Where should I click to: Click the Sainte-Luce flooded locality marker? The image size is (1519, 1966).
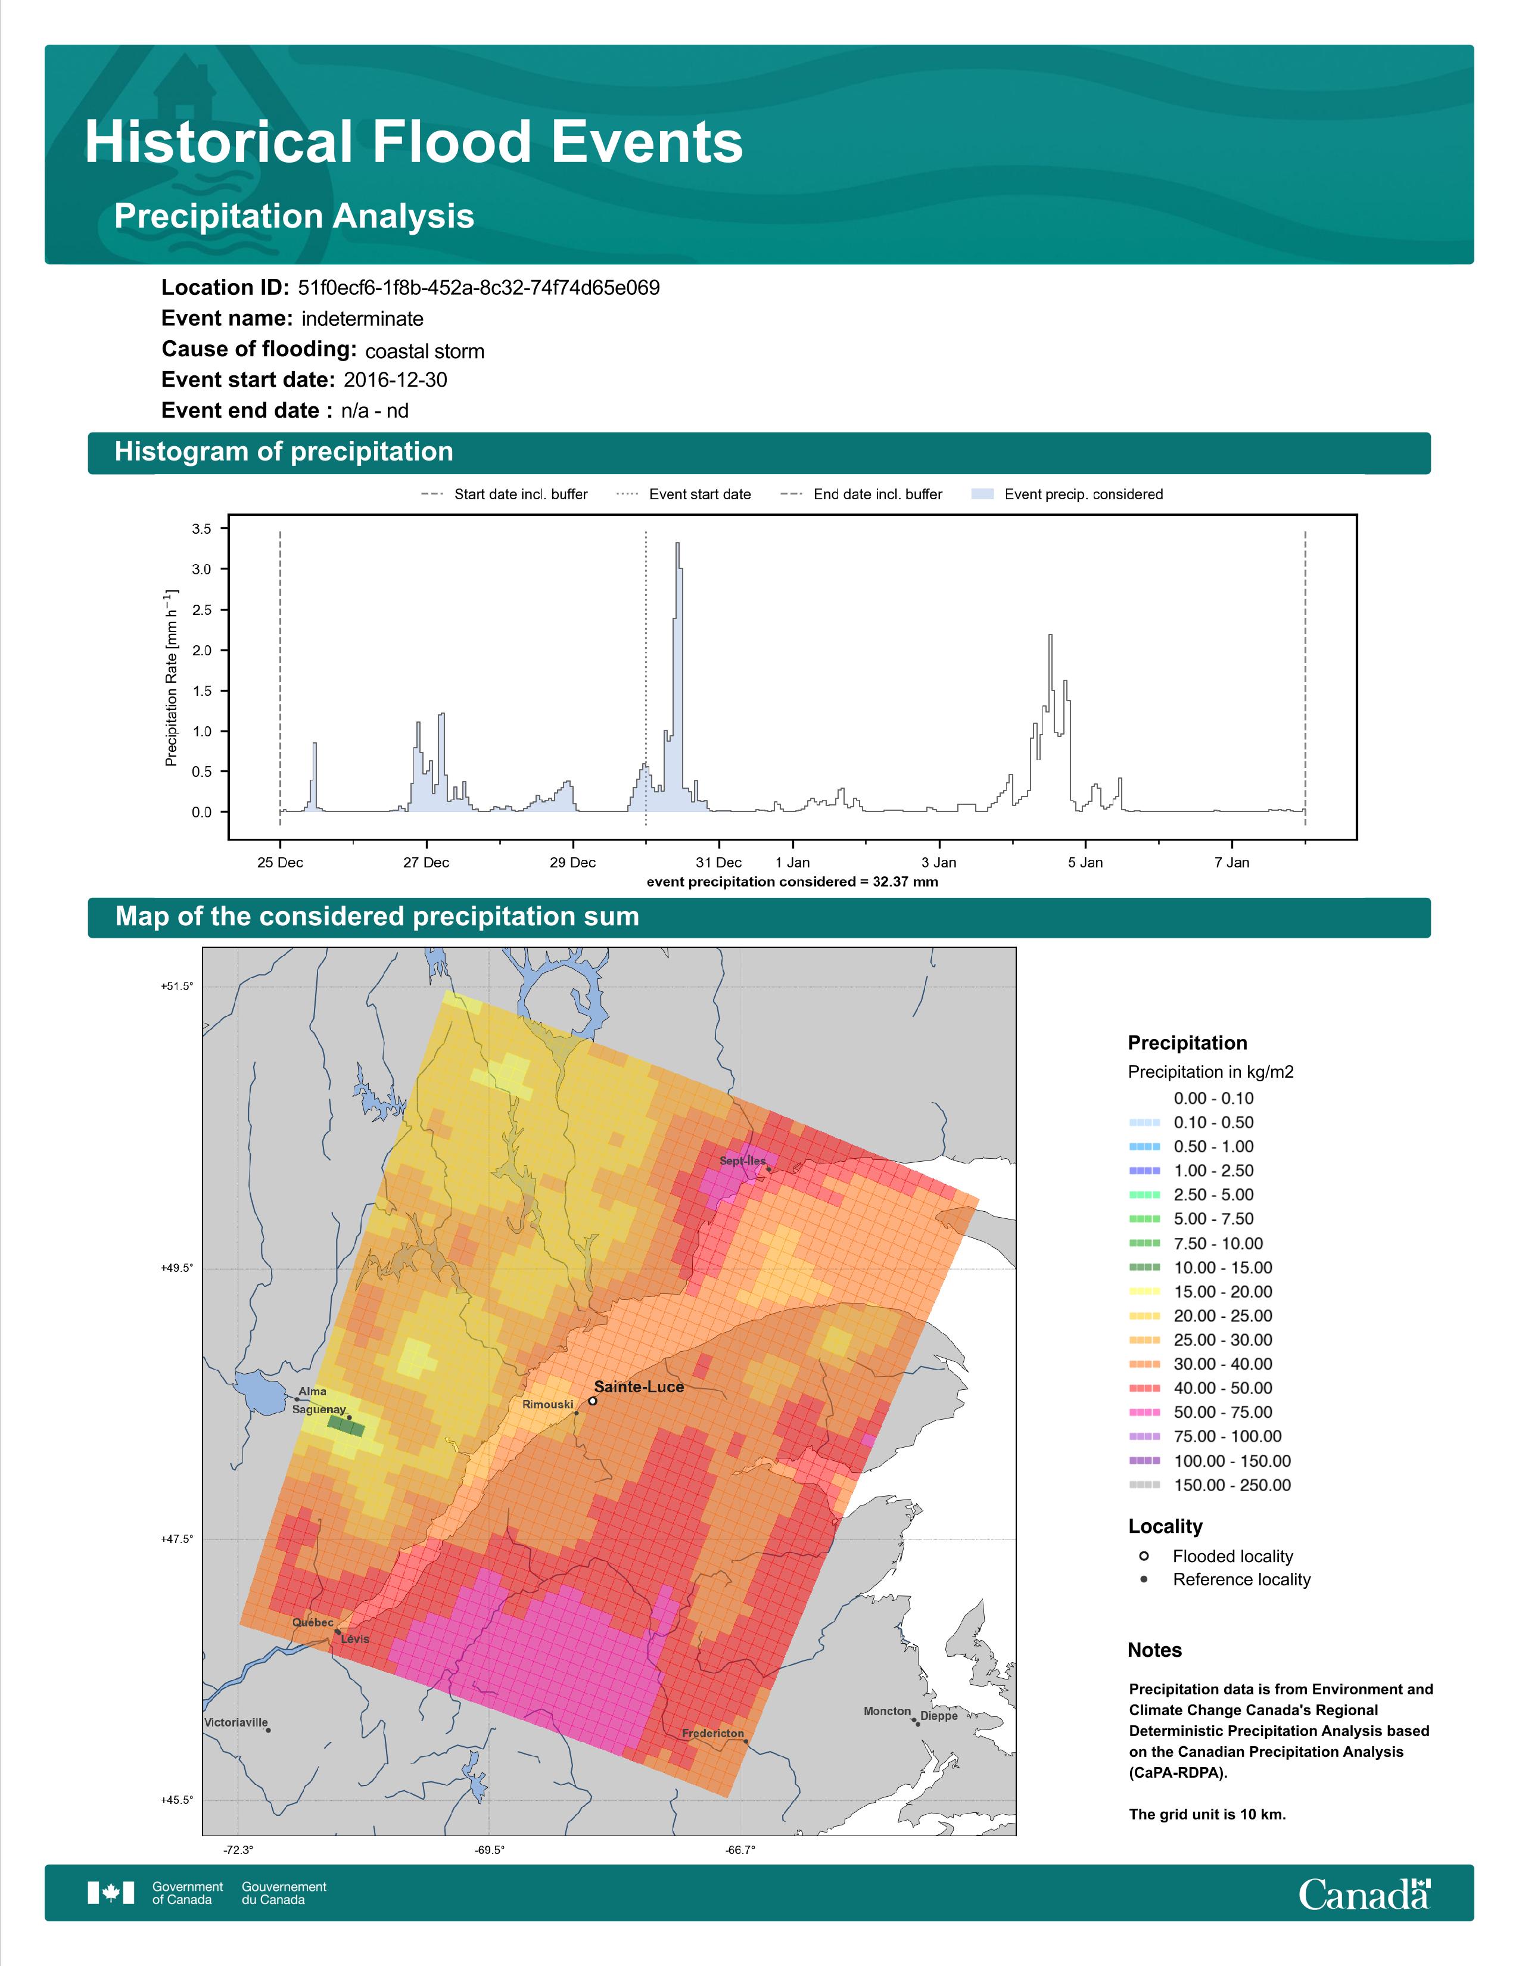(592, 1401)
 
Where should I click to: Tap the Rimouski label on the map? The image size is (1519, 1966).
(547, 1404)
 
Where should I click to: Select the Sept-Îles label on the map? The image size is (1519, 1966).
(742, 1161)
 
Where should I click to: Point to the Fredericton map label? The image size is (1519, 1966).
(712, 1733)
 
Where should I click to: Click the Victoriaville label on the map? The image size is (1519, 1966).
(236, 1722)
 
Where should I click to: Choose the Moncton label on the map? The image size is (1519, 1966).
(888, 1711)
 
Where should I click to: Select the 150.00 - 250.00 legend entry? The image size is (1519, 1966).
(1210, 1485)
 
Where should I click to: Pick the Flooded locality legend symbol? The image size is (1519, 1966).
(1144, 1556)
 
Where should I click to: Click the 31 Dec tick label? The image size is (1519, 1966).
(719, 863)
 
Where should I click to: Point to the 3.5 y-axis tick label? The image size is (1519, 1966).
(201, 528)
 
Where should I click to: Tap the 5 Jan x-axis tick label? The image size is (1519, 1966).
(1085, 863)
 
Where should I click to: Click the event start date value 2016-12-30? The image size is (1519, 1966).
(395, 380)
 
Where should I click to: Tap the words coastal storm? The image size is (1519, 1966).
(425, 350)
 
